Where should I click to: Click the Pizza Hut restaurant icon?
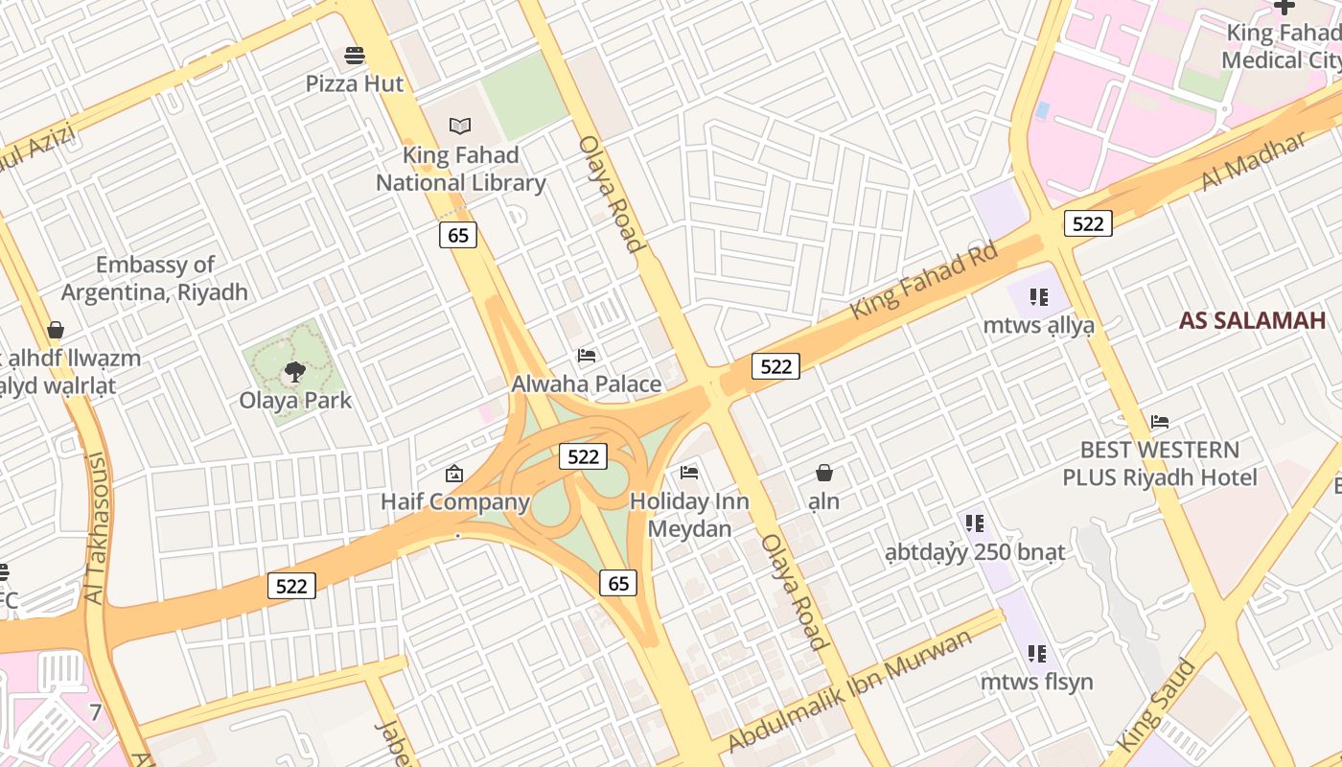pyautogui.click(x=355, y=56)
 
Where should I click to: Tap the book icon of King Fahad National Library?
pyautogui.click(x=460, y=126)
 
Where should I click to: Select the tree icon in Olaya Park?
pyautogui.click(x=295, y=372)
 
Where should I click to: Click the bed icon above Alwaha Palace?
pyautogui.click(x=587, y=356)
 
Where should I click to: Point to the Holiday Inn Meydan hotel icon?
pyautogui.click(x=689, y=472)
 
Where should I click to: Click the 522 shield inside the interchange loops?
pyautogui.click(x=583, y=456)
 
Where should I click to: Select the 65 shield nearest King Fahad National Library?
pyautogui.click(x=458, y=235)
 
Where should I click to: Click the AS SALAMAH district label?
pyautogui.click(x=1252, y=320)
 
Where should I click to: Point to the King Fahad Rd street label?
pyautogui.click(x=924, y=280)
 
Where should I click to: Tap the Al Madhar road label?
pyautogui.click(x=1253, y=161)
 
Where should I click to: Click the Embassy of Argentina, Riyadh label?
pyautogui.click(x=155, y=278)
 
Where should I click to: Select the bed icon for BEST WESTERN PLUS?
pyautogui.click(x=1160, y=421)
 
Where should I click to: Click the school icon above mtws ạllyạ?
pyautogui.click(x=1038, y=297)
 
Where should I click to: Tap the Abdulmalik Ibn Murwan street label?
pyautogui.click(x=850, y=690)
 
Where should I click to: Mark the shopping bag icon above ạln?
pyautogui.click(x=823, y=473)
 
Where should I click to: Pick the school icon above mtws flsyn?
pyautogui.click(x=1036, y=654)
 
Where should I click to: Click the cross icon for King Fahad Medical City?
pyautogui.click(x=1284, y=7)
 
